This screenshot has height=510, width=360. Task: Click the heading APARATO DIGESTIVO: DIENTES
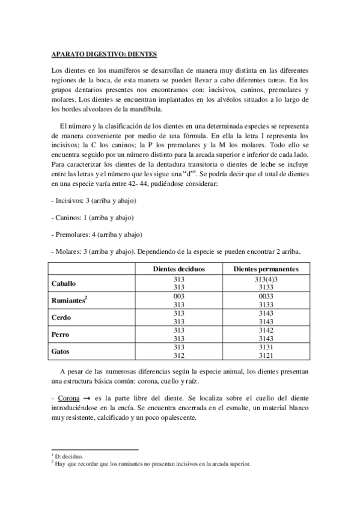pos(104,54)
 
